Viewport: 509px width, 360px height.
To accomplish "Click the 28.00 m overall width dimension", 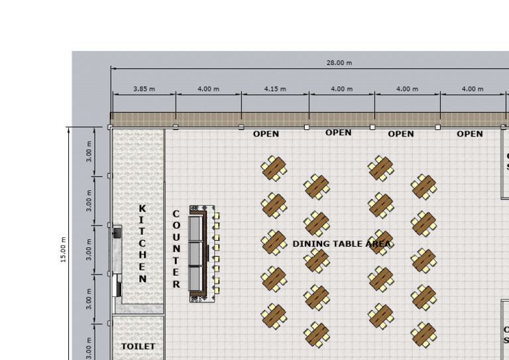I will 339,63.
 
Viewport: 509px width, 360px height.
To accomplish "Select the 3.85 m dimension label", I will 144,89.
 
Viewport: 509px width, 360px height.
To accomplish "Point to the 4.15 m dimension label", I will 275,89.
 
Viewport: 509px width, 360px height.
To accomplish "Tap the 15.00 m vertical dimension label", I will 64,249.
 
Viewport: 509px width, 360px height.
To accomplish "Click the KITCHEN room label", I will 142,243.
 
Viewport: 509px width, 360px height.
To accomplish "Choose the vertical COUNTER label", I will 176,249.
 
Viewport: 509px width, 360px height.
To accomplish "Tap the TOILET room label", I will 138,346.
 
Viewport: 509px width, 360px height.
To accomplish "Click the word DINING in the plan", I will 309,244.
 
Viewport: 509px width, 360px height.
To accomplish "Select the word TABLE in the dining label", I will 343,244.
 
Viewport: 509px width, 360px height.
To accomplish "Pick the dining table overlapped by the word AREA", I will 380,242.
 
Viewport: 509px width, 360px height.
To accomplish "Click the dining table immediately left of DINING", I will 273,242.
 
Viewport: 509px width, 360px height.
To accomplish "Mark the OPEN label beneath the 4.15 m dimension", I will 266,134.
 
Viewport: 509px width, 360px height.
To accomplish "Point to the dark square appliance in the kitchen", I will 117,232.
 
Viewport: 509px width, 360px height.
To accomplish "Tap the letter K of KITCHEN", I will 142,208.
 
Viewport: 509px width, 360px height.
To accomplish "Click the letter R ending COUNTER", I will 176,284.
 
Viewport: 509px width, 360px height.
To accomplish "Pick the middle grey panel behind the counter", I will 196,253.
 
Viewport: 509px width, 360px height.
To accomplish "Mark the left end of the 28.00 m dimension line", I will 111,68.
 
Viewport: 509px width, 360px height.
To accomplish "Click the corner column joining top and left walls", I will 110,127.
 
